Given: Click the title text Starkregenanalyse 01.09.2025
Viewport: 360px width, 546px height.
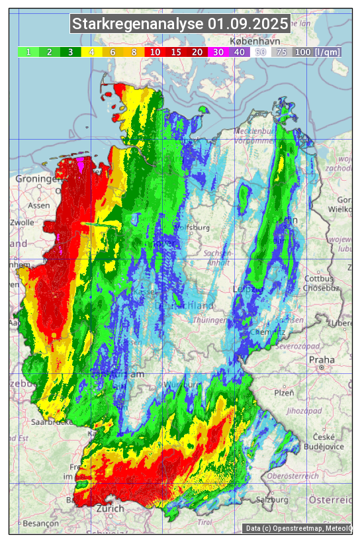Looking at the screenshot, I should [x=180, y=24].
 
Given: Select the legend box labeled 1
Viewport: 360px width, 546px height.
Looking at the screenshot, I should [x=28, y=52].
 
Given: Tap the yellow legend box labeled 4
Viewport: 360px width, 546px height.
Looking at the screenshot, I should [x=92, y=52].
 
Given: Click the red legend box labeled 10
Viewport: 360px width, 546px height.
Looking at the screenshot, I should [x=155, y=52].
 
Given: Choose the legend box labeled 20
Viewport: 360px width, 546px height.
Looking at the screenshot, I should [x=197, y=52].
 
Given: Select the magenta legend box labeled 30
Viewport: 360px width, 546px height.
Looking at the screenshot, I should [x=218, y=52].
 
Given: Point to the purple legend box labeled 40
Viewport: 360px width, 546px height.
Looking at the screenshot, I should [x=240, y=52].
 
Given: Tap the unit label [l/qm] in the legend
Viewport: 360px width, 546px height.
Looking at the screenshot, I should [x=328, y=52].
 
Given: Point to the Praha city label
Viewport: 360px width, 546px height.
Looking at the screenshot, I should [x=322, y=360].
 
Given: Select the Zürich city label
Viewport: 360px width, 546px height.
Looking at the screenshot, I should [x=110, y=508].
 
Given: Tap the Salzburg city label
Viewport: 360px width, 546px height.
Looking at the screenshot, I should [x=273, y=499].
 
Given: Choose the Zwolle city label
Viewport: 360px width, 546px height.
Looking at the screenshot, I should [x=21, y=222].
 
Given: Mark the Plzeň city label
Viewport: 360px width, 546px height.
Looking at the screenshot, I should [x=284, y=392].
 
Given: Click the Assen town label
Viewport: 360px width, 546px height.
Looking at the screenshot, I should [x=39, y=205].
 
